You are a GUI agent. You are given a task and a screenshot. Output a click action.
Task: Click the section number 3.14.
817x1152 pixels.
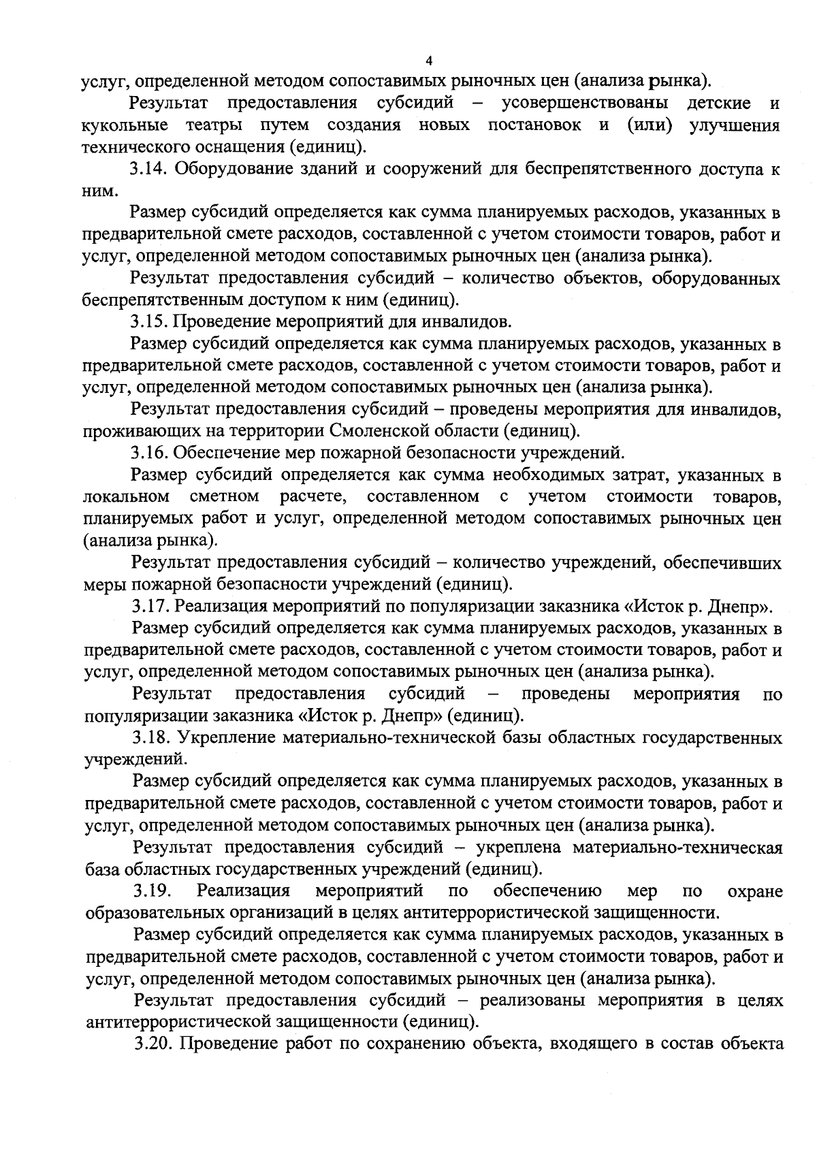tap(150, 170)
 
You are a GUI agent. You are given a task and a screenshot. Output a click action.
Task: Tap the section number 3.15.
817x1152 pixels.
tap(150, 321)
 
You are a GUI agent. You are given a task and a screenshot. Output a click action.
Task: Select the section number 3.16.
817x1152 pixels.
tap(150, 452)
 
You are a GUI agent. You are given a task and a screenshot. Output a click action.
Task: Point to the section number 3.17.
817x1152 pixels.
tap(150, 605)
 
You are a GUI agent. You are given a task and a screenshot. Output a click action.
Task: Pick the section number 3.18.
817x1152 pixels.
tap(151, 737)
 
